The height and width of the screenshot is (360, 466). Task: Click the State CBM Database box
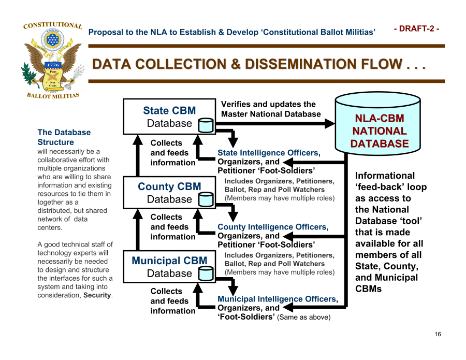point(169,117)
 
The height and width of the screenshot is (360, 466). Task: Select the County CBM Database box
point(169,192)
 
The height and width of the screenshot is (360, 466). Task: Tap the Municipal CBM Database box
point(169,266)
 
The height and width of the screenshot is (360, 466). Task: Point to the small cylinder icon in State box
point(206,124)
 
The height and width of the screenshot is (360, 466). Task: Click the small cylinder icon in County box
point(206,199)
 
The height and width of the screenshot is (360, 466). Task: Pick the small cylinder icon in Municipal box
point(206,273)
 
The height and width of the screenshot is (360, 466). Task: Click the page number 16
point(438,334)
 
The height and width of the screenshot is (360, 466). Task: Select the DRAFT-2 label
point(416,28)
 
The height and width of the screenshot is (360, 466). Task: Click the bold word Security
point(97,295)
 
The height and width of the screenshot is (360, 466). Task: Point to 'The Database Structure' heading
point(64,137)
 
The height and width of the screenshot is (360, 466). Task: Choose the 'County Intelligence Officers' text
point(272,227)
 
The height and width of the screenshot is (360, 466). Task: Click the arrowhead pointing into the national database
point(330,123)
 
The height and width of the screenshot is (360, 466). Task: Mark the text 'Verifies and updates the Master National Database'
point(271,109)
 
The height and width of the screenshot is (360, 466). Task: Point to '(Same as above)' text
point(303,317)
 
